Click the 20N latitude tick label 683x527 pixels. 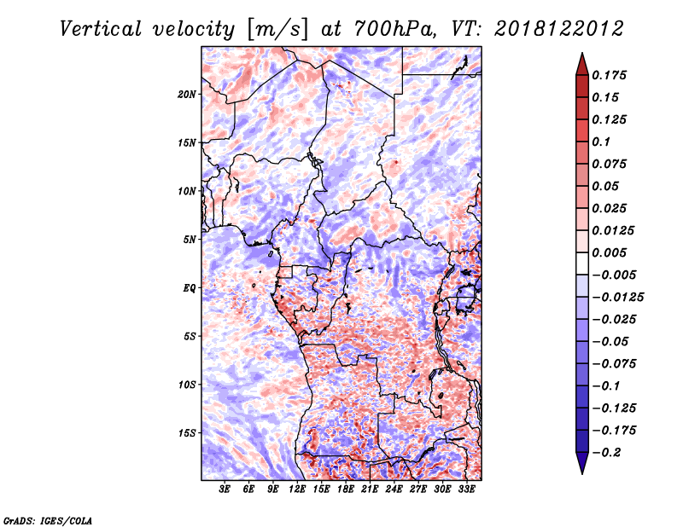tap(187, 95)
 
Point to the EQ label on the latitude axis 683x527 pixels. tap(189, 288)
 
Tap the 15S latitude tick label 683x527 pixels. tap(187, 433)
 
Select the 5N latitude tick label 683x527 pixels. tap(190, 240)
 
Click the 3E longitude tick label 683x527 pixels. tap(225, 489)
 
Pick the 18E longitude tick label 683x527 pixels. tap(346, 489)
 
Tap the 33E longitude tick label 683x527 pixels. tap(466, 489)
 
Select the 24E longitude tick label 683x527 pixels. tap(394, 489)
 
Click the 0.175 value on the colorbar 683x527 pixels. tap(609, 75)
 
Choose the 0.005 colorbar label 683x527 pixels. tap(609, 252)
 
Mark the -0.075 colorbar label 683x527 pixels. tap(614, 364)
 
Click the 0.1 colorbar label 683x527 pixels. tap(601, 142)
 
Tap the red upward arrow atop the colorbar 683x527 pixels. tap(582, 64)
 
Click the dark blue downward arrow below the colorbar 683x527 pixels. tap(582, 463)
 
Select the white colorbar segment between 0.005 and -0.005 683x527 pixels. tap(582, 263)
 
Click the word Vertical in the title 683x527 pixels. tap(101, 29)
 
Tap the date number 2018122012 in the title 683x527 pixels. tap(559, 29)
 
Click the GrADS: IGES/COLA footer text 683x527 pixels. tap(48, 521)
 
